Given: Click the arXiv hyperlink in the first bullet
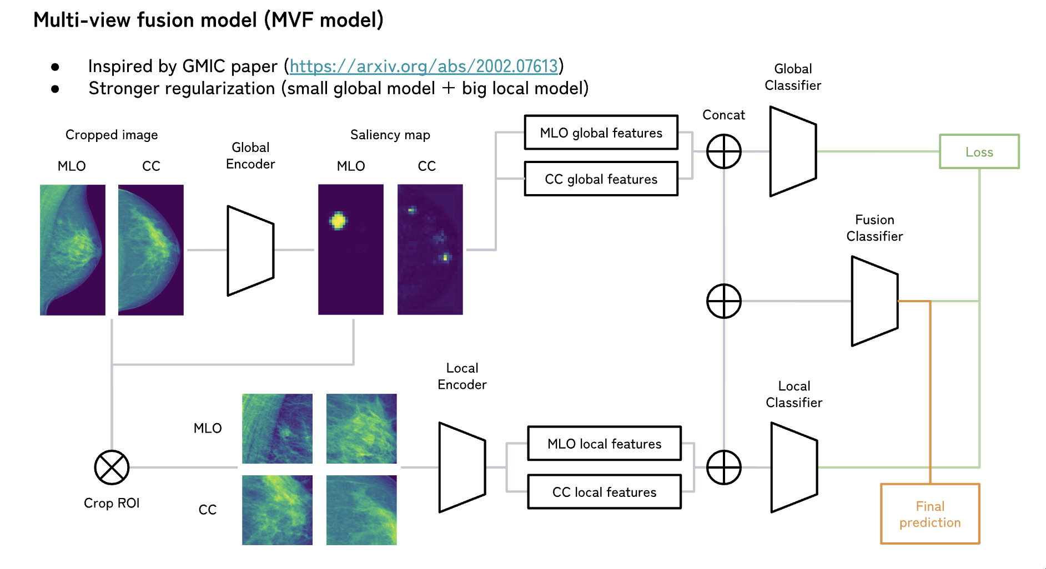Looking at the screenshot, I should pos(424,67).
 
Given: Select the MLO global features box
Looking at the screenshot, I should pos(601,133).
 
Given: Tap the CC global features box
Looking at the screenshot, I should pos(601,179).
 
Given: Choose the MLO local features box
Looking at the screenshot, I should pos(604,443).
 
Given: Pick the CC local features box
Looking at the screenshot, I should pos(604,491).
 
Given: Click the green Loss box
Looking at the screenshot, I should pos(979,151).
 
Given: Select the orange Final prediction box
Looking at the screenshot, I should pos(930,514).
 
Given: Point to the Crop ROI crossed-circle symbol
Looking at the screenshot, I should pos(112,468).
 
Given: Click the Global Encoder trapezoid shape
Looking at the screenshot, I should pos(250,251).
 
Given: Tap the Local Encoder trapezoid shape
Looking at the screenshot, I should pos(462,468).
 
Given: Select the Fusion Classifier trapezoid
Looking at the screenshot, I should pos(874,301).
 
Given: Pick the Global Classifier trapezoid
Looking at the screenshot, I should pos(793,151).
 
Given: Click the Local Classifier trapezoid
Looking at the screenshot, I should pos(794,468).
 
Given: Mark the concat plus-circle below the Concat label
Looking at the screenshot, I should pos(723,151).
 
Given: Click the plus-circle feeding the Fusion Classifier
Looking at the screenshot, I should pos(723,301).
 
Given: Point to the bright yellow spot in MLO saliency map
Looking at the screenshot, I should pos(338,221).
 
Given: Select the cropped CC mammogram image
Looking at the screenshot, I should pos(150,250).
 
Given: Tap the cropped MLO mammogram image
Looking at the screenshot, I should pos(72,250).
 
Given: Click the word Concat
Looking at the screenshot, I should pos(723,115).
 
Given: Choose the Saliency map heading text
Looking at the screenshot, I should pos(390,135).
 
